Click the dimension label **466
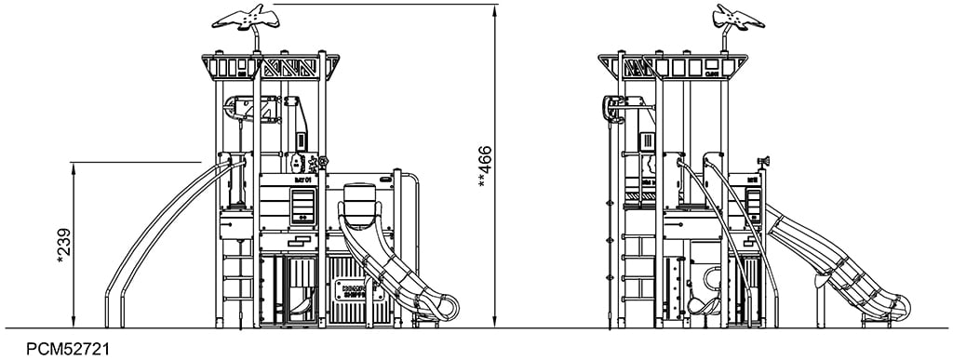[484, 166]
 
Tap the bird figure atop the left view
[248, 18]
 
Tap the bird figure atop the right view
[737, 17]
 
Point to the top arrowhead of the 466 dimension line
[495, 8]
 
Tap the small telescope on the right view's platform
[764, 163]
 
